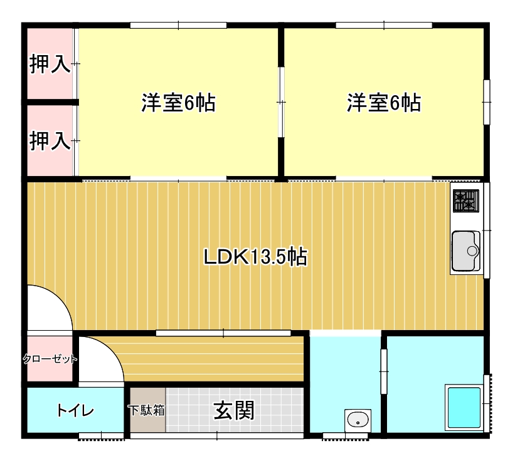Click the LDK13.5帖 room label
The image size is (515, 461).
point(255,257)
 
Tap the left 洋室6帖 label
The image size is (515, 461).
point(178,103)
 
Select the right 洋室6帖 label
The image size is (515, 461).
point(384,103)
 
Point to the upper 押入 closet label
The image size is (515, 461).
point(50,64)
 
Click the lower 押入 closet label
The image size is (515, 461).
point(50,141)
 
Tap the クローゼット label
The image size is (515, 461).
point(50,359)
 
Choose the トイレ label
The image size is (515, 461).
point(75,410)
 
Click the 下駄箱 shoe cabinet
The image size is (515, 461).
point(147,410)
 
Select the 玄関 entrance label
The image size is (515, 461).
point(234,410)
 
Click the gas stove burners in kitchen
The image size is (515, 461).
point(465,201)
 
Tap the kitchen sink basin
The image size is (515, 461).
point(465,251)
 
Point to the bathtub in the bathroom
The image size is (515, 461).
point(464,407)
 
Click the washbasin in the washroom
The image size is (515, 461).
point(358,420)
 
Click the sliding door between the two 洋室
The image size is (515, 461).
point(281,102)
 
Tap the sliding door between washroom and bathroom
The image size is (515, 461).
point(384,371)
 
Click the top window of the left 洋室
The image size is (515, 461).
point(178,25)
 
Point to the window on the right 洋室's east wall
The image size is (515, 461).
point(487,102)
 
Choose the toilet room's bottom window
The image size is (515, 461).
point(102,436)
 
